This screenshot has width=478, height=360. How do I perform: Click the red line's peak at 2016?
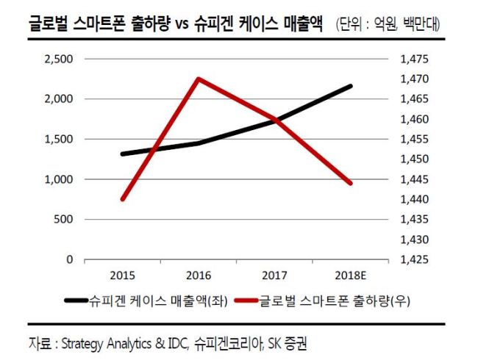199,79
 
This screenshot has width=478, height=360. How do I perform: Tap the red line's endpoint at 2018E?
351,184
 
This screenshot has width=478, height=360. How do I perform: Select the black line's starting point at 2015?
123,154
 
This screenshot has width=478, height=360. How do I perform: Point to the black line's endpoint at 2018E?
351,86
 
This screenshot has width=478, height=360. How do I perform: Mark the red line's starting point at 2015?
123,200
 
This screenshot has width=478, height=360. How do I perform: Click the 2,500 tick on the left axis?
59,59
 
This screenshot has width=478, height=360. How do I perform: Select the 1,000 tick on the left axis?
59,179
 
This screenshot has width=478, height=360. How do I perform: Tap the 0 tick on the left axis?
70,259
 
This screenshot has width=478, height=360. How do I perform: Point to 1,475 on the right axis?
414,59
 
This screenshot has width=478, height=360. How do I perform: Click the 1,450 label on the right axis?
414,159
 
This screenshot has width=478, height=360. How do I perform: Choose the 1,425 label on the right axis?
414,259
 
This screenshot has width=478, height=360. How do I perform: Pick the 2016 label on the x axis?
199,276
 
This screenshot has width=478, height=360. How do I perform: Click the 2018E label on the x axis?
350,276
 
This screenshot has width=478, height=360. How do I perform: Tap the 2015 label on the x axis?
122,276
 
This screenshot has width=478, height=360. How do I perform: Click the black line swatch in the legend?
76,301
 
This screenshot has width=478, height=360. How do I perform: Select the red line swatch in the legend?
246,301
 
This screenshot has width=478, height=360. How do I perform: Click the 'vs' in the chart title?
182,25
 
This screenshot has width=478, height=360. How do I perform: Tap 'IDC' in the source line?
177,344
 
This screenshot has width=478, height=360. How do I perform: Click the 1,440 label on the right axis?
414,199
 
